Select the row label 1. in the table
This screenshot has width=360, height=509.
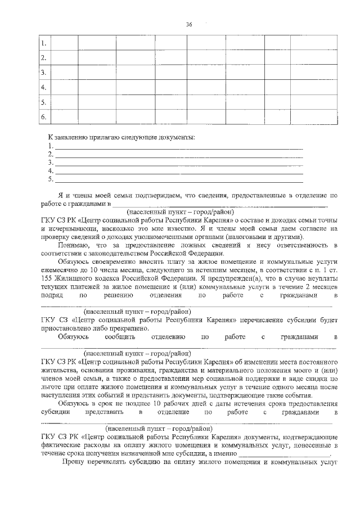click(x=43, y=43)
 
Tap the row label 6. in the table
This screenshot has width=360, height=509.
click(x=43, y=116)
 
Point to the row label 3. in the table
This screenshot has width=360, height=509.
click(x=43, y=73)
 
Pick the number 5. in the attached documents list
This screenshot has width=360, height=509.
click(x=51, y=179)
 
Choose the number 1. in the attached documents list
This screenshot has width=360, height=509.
click(x=51, y=145)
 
